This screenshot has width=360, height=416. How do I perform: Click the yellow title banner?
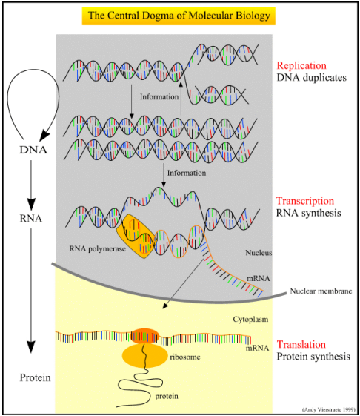179,16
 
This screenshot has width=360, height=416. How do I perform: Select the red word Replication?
301,65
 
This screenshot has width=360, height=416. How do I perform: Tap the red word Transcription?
305,201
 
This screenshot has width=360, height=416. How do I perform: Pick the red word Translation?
301,344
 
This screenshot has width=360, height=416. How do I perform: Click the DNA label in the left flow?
33,151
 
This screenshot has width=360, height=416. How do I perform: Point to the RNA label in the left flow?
31,219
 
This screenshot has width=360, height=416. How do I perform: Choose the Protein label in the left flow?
36,377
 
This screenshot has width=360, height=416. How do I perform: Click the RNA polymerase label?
97,249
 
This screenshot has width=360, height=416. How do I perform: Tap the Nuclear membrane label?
321,291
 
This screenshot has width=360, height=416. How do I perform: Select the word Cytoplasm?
250,319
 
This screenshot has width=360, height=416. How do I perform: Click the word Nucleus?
259,253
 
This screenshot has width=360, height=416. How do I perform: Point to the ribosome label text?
185,357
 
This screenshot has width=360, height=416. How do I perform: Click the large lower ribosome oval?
144,356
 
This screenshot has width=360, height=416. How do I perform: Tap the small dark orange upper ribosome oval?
144,336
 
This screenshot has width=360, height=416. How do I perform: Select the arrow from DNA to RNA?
31,185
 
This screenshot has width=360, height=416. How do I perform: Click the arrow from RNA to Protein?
31,291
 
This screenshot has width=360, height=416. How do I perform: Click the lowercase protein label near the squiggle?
167,397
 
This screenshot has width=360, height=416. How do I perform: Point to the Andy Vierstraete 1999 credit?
328,409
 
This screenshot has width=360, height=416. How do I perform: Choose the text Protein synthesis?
313,357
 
